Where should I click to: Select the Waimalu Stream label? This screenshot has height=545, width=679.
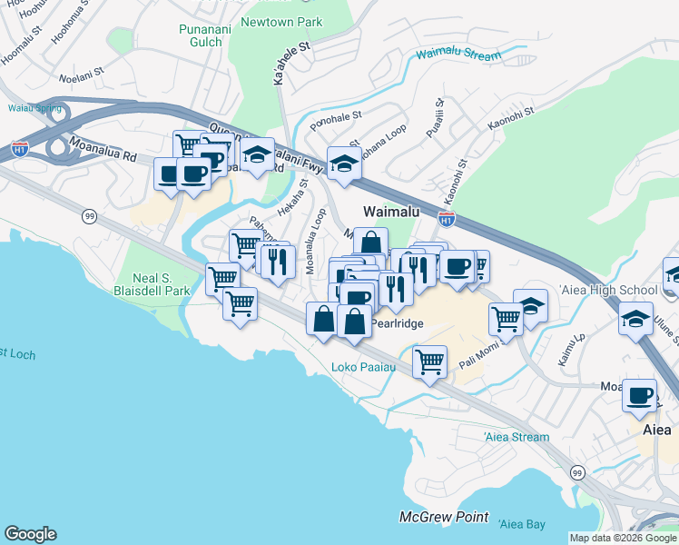point(458,55)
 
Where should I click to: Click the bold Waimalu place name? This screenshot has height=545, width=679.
point(389,211)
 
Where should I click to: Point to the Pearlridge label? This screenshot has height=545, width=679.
point(396,323)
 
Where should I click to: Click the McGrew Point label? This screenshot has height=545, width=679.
point(438,517)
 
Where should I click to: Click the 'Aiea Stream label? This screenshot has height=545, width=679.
point(517,437)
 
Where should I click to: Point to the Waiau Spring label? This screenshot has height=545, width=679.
point(35,108)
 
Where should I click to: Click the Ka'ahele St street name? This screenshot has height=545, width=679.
point(292,68)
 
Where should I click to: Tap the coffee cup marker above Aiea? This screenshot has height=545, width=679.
point(640,395)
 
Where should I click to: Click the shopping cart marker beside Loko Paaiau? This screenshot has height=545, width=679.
point(429,360)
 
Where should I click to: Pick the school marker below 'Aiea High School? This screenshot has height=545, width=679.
point(635,319)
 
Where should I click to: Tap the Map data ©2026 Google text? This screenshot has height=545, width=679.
point(623,538)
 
